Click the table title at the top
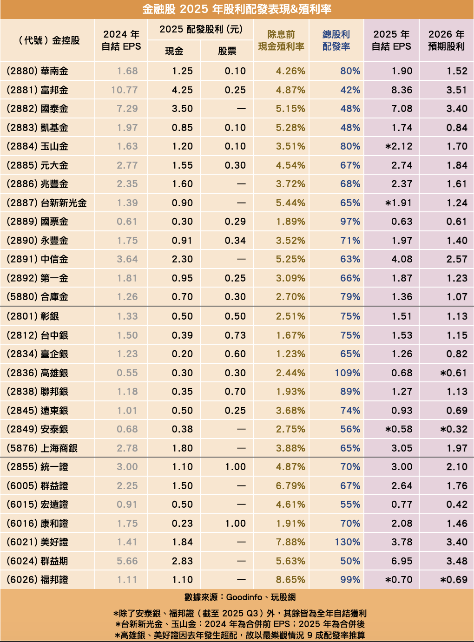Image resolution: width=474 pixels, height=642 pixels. pyautogui.click(x=237, y=9)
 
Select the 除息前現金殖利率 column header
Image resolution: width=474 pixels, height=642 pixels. pyautogui.click(x=281, y=40)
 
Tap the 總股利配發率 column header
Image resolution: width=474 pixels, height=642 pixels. pyautogui.click(x=336, y=40)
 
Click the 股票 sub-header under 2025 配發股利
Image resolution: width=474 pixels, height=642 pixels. pyautogui.click(x=227, y=51)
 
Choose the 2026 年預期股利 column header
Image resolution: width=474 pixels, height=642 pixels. pyautogui.click(x=446, y=40)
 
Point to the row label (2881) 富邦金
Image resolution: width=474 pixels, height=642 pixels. pyautogui.click(x=38, y=90)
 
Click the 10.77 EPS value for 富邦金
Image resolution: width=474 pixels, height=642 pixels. pyautogui.click(x=124, y=90)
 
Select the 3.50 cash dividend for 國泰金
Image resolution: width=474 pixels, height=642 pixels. pyautogui.click(x=182, y=109)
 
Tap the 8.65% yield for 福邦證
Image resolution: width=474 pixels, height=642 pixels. pyautogui.click(x=290, y=580)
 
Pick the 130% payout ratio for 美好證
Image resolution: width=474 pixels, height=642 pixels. pyautogui.click(x=347, y=542)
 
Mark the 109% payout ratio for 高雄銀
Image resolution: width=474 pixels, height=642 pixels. pyautogui.click(x=347, y=373)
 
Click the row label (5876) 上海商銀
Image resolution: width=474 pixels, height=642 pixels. pyautogui.click(x=42, y=448)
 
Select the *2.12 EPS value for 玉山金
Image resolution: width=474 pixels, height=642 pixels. pyautogui.click(x=399, y=146)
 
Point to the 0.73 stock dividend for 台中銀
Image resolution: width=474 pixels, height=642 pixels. pyautogui.click(x=235, y=335)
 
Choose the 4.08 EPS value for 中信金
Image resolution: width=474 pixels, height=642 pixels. pyautogui.click(x=402, y=259)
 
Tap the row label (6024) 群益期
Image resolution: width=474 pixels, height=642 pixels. pyautogui.click(x=38, y=561)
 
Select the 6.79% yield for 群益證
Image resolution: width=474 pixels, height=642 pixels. pyautogui.click(x=290, y=486)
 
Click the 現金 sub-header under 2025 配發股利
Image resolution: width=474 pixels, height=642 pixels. pyautogui.click(x=174, y=51)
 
